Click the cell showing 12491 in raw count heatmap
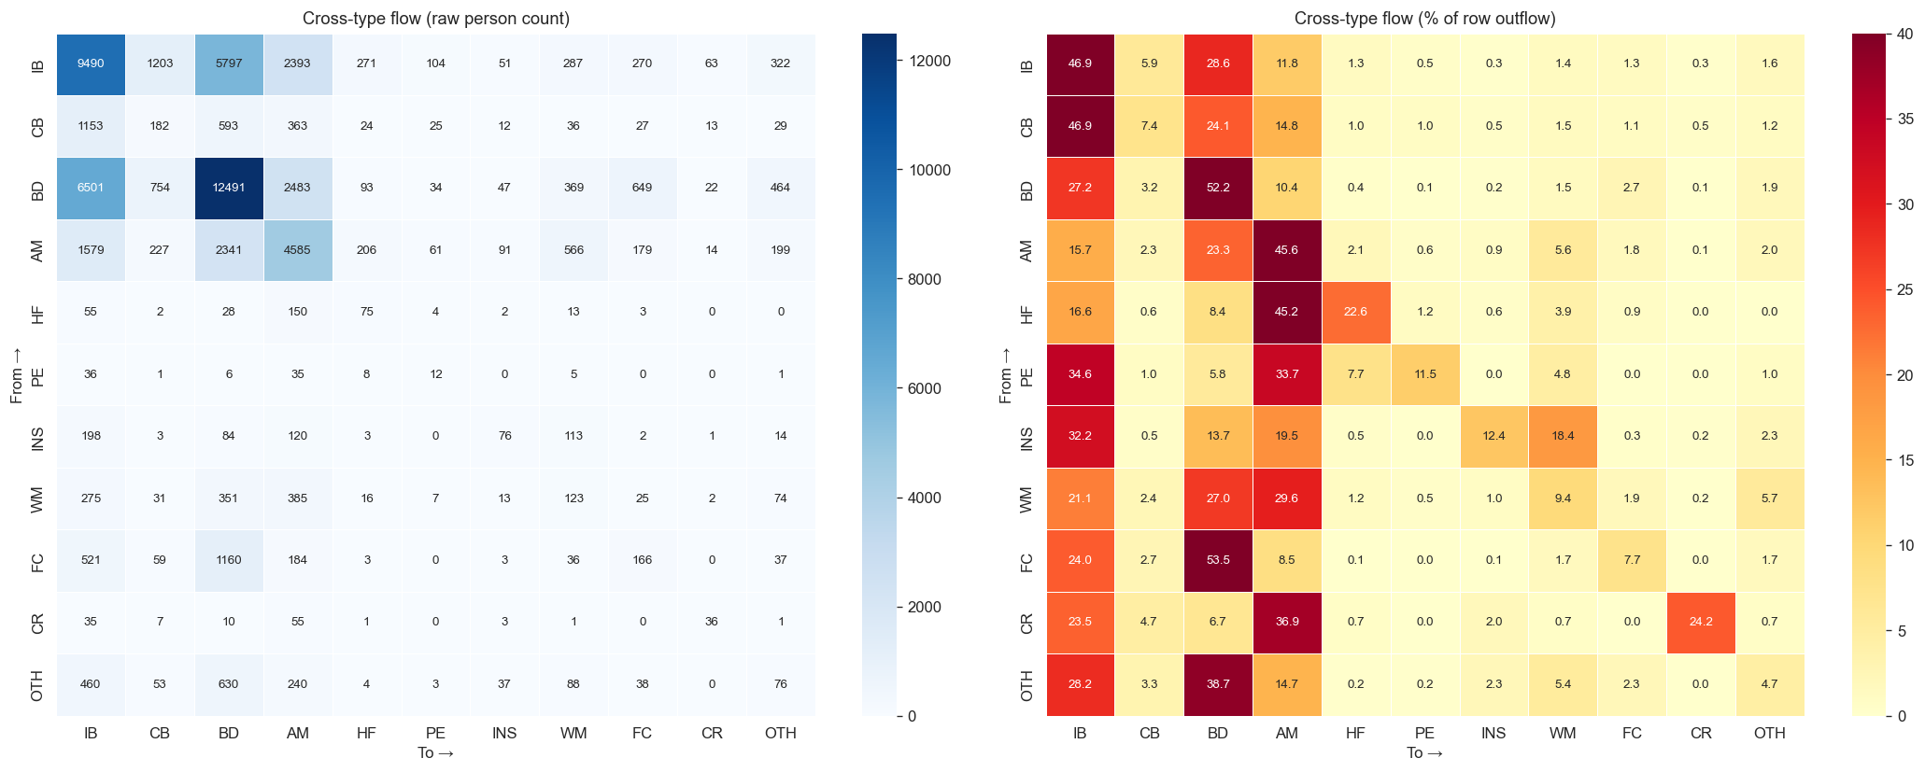coord(229,188)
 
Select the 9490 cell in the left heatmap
coord(91,63)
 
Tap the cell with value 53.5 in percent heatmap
coord(1217,560)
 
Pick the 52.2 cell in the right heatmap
coord(1217,188)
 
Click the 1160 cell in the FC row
coord(229,560)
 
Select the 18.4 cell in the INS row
coord(1563,436)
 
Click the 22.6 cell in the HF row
coord(1355,312)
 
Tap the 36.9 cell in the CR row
coord(1286,622)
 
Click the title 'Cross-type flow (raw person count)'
coord(436,19)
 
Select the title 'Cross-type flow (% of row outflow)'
coord(1424,19)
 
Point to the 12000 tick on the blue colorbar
coord(924,61)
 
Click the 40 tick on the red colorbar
coord(1906,34)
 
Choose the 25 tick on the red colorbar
coord(1906,289)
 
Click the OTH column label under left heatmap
coord(780,734)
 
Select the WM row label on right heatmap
coord(1027,498)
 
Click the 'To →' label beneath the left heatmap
coord(435,753)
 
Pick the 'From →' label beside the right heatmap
coord(1005,374)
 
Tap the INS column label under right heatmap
coord(1493,734)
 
